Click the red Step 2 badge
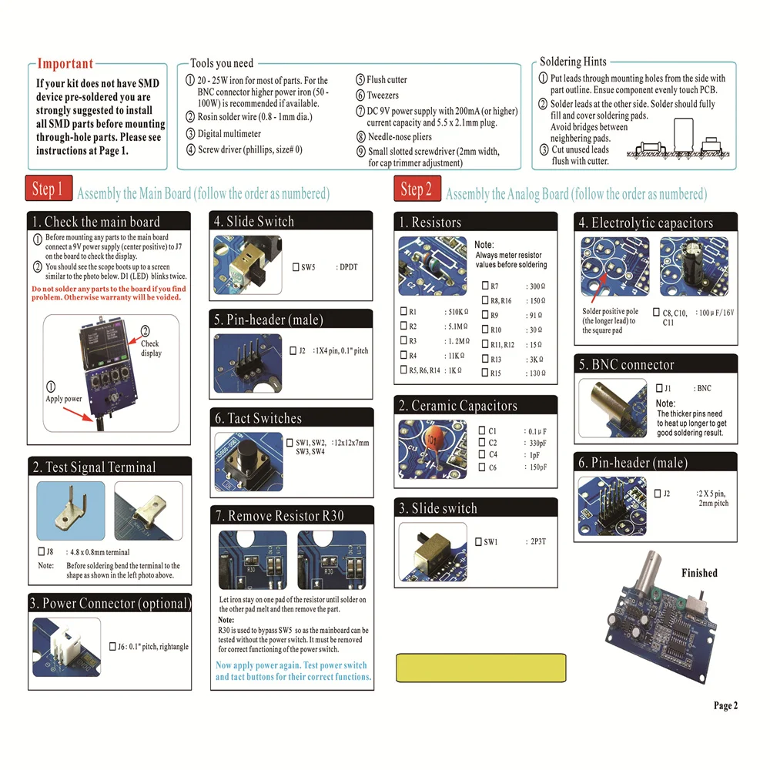(x=417, y=189)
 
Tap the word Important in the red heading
(x=65, y=64)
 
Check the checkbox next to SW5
(x=296, y=268)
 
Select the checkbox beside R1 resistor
(x=403, y=312)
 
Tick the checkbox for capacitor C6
(x=482, y=467)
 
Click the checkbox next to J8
(x=41, y=552)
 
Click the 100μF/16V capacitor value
(x=715, y=313)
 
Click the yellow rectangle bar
(x=474, y=664)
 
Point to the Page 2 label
(x=725, y=705)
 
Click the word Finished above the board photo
(x=699, y=573)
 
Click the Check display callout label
(x=150, y=349)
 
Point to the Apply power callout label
(x=63, y=399)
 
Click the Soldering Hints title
(x=572, y=62)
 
